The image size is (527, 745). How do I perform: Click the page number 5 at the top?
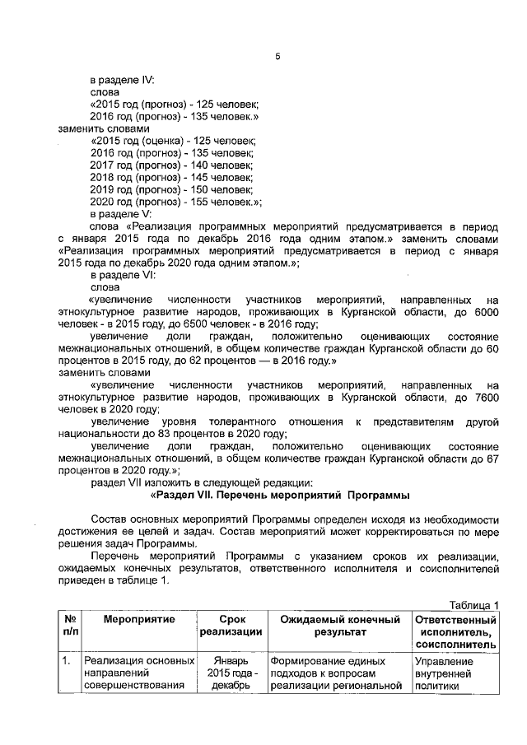click(x=277, y=55)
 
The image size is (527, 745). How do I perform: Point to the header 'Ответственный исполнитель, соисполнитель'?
click(x=455, y=632)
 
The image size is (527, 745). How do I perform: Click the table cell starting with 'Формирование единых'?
click(x=338, y=676)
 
